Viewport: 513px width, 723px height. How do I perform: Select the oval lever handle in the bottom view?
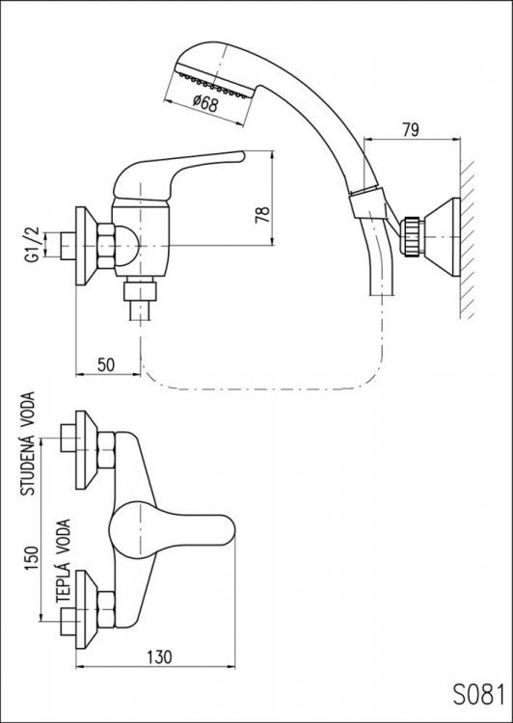coord(174,528)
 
